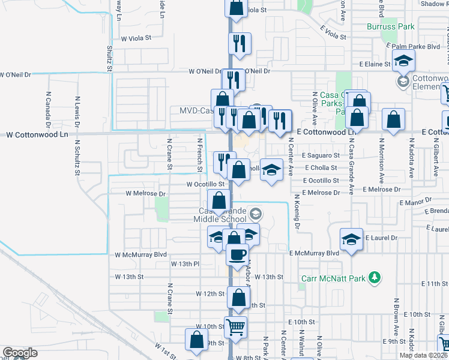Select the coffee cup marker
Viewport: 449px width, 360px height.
pos(237,254)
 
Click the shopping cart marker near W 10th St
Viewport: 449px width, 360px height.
pos(236,326)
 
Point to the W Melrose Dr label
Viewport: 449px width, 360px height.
pos(145,194)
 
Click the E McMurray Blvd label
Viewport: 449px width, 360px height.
pos(314,253)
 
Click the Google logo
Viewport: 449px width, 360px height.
pos(20,353)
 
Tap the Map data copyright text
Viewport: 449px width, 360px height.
pos(421,355)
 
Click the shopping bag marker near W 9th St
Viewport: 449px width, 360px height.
pos(196,340)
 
